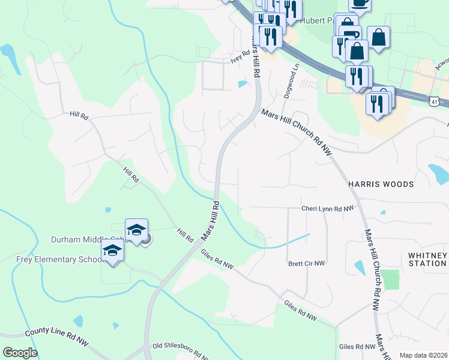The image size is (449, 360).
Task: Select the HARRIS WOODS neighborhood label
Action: tap(381, 184)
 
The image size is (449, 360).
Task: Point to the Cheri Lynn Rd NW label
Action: tap(328, 209)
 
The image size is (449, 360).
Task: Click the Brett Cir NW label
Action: tap(306, 263)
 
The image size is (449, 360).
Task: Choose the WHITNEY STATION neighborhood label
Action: tap(427, 259)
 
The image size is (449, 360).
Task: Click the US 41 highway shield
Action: tap(434, 102)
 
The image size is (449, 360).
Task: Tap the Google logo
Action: tap(20, 353)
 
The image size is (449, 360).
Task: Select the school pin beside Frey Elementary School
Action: tap(112, 251)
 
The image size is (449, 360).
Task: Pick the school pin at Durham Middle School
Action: tap(136, 230)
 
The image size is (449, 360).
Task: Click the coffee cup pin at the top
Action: tap(360, 4)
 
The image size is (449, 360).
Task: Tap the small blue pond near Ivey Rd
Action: tap(242, 84)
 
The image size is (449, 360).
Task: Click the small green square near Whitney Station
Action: tap(390, 280)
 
